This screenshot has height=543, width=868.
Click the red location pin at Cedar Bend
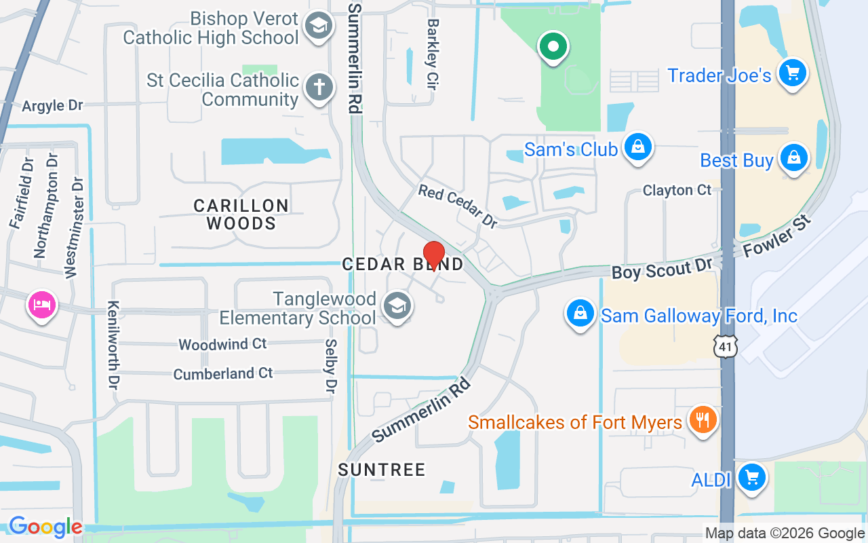coord(433,255)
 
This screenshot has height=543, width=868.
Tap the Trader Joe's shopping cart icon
coord(791,72)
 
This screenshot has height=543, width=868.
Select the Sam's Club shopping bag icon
coord(638,147)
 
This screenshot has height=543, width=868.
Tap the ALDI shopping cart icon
coord(751,477)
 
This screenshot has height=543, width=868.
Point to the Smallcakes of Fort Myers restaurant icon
coord(703,419)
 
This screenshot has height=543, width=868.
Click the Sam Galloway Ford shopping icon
coord(580,314)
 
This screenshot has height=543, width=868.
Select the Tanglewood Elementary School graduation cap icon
coord(397,306)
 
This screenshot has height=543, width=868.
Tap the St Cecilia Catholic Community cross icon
coord(318,88)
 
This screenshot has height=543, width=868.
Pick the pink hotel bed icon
coord(41,303)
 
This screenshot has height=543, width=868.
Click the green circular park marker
coord(553,47)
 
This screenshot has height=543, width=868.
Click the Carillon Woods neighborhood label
coord(241,214)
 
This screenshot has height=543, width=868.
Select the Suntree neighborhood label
coord(382,470)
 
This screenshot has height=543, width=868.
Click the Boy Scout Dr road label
coord(662,267)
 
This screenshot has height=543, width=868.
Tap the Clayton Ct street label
coord(677,190)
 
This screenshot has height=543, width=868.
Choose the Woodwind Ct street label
coord(222,345)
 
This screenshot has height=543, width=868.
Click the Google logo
coord(45,526)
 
